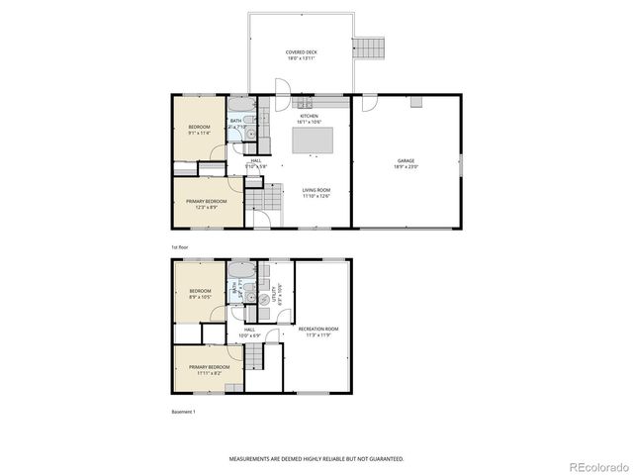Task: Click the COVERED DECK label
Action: (x=302, y=54)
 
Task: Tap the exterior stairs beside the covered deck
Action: (x=369, y=47)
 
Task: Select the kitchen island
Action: (x=311, y=142)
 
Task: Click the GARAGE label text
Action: (x=407, y=163)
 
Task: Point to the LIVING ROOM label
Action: (x=316, y=193)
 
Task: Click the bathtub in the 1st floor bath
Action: (x=241, y=105)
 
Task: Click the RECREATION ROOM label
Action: (x=318, y=332)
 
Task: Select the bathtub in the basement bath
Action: (x=240, y=270)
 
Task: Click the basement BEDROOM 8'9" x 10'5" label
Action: (x=201, y=294)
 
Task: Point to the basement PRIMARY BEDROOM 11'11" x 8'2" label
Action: (x=209, y=369)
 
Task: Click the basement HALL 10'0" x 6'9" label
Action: (x=249, y=332)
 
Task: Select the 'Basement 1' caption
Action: (x=184, y=412)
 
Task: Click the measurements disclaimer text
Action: (x=316, y=459)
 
